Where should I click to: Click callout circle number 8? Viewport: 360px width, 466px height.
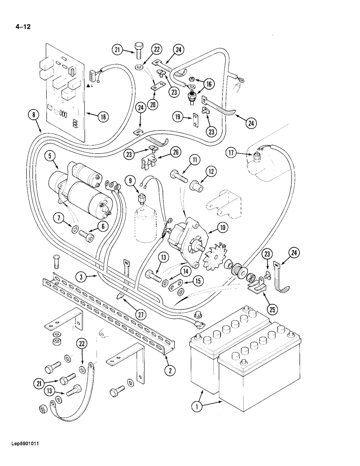click(32, 113)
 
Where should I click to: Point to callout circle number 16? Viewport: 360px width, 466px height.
click(209, 84)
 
